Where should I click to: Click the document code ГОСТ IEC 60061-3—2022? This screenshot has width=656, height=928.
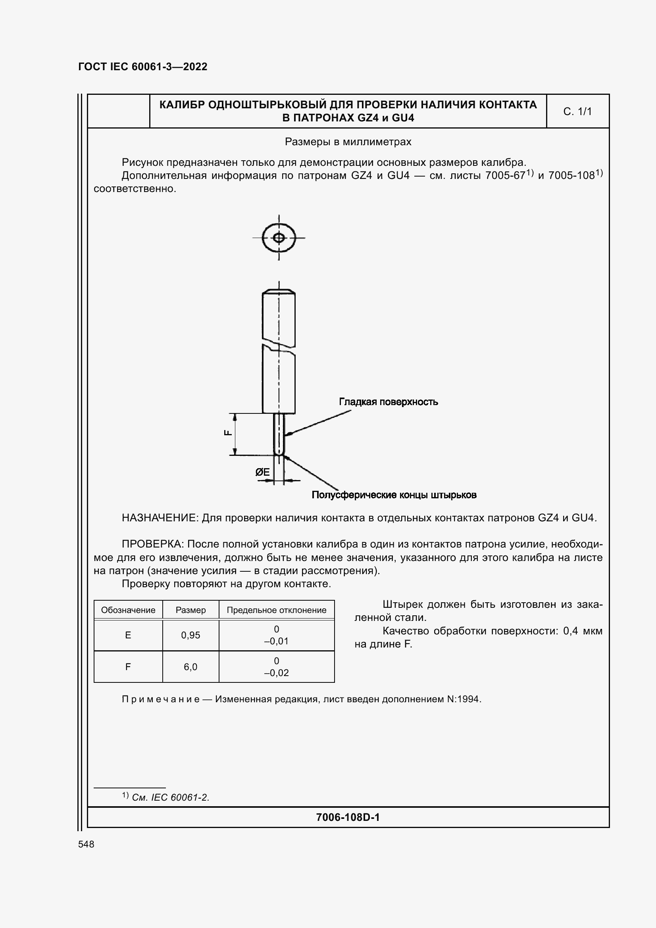click(x=143, y=67)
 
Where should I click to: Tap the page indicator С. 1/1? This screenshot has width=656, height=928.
click(x=577, y=111)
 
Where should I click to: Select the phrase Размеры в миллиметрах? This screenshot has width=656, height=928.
click(x=348, y=142)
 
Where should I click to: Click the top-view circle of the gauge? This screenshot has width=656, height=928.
click(x=279, y=238)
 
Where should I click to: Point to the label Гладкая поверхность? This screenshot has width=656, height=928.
click(x=388, y=402)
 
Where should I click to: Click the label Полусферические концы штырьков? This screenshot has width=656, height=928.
click(x=394, y=495)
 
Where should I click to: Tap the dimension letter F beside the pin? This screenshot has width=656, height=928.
click(x=228, y=433)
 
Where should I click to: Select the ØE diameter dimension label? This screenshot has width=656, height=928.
click(x=262, y=472)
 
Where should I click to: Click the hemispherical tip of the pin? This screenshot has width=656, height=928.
click(x=279, y=452)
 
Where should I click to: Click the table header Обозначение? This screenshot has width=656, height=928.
click(x=128, y=610)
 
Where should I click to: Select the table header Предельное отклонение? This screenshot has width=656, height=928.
click(x=277, y=610)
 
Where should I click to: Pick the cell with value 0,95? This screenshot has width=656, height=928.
click(x=190, y=635)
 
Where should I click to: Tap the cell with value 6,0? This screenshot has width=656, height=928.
click(x=190, y=667)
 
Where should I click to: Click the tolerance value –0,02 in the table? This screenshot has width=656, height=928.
click(x=277, y=672)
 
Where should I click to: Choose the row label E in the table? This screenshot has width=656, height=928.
click(x=128, y=635)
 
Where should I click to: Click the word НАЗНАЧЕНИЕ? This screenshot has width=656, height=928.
click(x=160, y=518)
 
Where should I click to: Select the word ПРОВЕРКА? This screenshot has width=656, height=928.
click(x=152, y=544)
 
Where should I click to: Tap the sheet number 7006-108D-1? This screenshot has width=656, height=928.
click(x=348, y=817)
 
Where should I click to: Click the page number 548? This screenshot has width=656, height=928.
click(x=86, y=844)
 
